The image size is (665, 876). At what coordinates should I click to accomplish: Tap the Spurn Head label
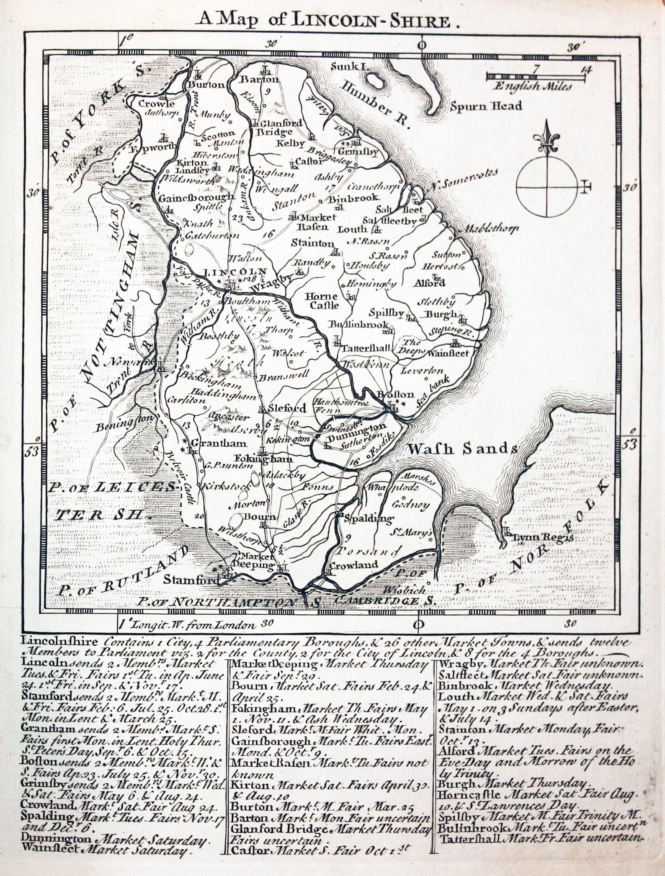pyautogui.click(x=486, y=106)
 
